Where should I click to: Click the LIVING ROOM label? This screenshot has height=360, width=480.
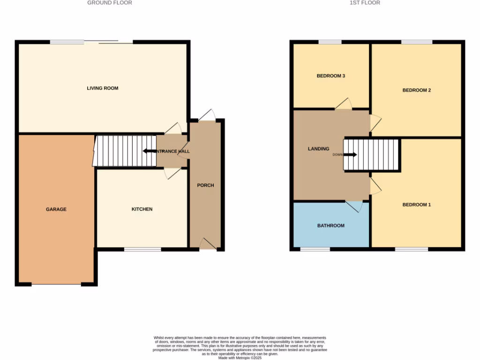tap(102, 88)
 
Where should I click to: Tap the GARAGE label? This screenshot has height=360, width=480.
tap(56, 209)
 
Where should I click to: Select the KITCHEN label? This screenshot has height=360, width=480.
tap(142, 209)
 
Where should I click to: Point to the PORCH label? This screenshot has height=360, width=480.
tap(205, 185)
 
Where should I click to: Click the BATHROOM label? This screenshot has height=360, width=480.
tap(330, 225)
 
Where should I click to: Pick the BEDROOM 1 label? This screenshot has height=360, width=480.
tap(417, 204)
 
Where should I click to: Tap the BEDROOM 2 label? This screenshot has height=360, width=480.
tap(417, 90)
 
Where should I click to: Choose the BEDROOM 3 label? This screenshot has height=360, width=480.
tap(331, 75)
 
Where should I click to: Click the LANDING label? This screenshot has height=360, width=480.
tap(318, 149)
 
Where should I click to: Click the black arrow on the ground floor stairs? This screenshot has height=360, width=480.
tap(150, 151)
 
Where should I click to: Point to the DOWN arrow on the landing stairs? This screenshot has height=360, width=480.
tap(351, 155)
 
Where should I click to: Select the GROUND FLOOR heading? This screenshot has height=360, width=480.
tap(110, 3)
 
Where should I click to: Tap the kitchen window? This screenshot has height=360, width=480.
tap(142, 249)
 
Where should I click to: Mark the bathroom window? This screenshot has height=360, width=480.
tap(315, 249)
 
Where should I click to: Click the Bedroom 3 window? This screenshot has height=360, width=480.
tap(330, 42)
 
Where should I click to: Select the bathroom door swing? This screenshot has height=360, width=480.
tap(355, 206)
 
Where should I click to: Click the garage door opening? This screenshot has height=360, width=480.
tap(56, 284)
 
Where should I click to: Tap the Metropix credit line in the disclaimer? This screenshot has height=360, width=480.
tap(240, 358)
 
